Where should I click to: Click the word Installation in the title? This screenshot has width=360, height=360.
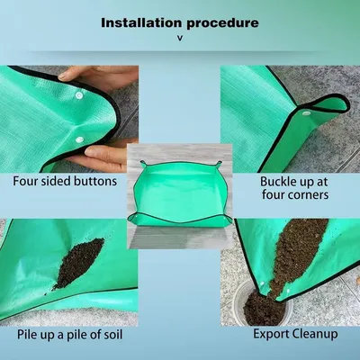tap(141, 22)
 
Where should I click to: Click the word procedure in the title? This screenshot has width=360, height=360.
tap(222, 23)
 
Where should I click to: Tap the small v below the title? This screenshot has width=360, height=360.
tap(180, 38)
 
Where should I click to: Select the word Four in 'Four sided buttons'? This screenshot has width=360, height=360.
tap(24, 181)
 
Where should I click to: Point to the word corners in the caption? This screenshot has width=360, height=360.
tap(309, 195)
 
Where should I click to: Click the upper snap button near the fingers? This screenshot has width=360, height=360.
tap(79, 95)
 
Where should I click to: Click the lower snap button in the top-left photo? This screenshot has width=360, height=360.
tap(79, 139)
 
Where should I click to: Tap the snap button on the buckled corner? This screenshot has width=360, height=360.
tap(306, 113)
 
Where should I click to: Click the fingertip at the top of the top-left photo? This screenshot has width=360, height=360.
tap(62, 76)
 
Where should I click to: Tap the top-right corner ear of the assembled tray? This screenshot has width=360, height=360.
tap(220, 164)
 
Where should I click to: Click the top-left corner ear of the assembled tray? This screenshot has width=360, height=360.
tap(143, 163)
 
